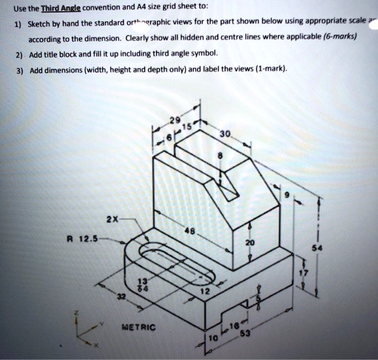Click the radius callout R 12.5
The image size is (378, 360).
(x=82, y=237)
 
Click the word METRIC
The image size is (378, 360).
(x=139, y=327)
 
